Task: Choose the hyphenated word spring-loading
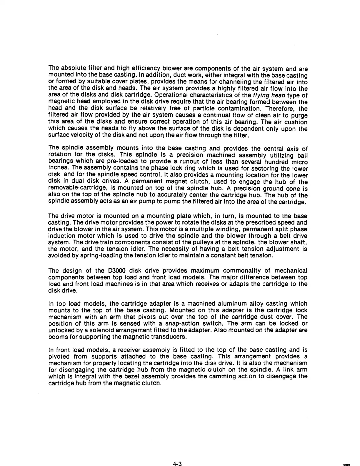pyautogui.click(x=89, y=255)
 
